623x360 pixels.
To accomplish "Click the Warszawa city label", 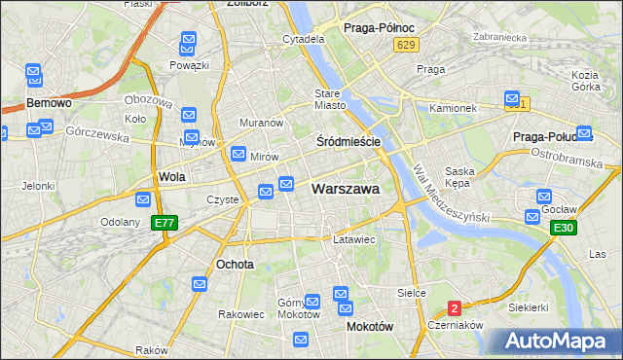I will pos(345,189).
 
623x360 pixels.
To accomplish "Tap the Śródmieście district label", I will pos(348,141).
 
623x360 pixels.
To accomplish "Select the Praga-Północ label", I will pos(380,28).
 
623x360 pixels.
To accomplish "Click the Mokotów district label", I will pos(370,327).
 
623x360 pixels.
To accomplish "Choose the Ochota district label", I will pos(235,264).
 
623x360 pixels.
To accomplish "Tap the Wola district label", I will pos(171,177).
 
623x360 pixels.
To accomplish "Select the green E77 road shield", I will pos(165,223).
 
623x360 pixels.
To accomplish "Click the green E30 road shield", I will pos(562,228).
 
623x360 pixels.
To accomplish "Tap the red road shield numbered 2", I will pos(454,308).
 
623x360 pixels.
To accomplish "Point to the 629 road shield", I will pos(407,45).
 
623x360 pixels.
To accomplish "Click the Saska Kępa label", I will pos(458,177).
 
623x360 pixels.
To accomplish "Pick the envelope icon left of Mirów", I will pos(238,154).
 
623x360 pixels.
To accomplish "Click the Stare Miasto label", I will pos(330,99).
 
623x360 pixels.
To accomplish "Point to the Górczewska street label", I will pos(97,136).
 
